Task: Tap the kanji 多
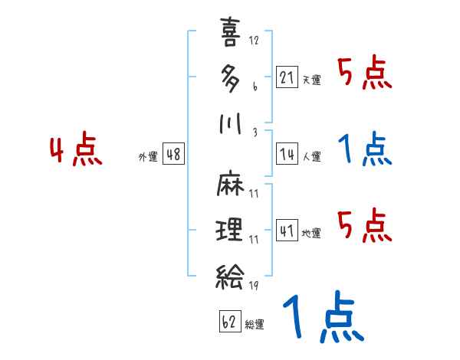[x=230, y=77]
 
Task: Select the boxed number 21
[x=287, y=77]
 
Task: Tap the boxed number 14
[x=287, y=154]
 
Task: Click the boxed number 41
[x=287, y=230]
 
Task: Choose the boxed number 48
[x=173, y=154]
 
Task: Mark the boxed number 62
[x=229, y=322]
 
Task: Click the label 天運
[x=311, y=80]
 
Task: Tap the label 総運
[x=255, y=325]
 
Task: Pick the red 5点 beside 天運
[x=365, y=74]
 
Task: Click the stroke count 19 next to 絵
[x=254, y=286]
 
